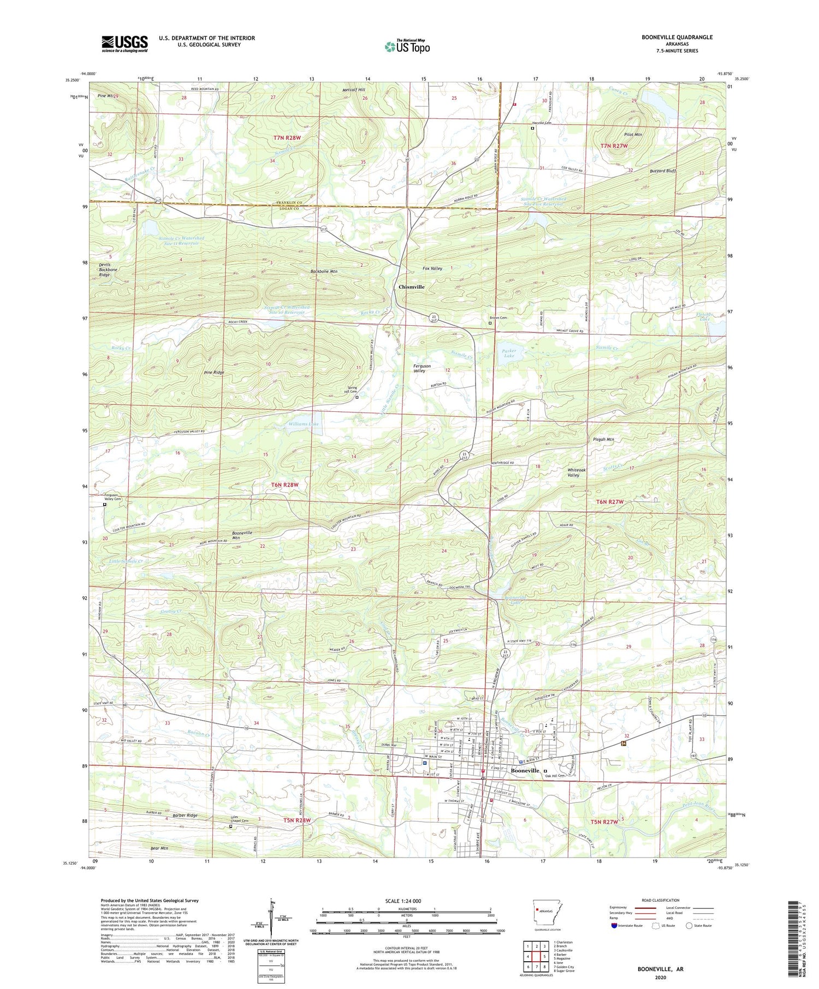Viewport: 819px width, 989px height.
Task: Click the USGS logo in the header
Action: (x=124, y=44)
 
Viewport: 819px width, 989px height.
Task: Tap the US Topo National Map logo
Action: (x=407, y=46)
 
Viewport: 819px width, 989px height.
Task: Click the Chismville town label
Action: (x=411, y=286)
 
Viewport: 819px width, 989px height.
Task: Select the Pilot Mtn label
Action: (x=633, y=134)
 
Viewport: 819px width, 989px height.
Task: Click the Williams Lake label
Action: (x=304, y=423)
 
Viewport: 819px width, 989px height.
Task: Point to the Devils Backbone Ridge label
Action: (x=104, y=269)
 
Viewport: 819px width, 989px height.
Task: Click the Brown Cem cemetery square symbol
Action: (x=490, y=323)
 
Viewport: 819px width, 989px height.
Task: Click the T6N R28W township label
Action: (x=285, y=484)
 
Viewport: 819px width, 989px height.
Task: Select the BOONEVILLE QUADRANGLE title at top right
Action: (x=678, y=37)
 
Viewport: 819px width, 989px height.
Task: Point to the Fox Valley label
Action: (x=432, y=268)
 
